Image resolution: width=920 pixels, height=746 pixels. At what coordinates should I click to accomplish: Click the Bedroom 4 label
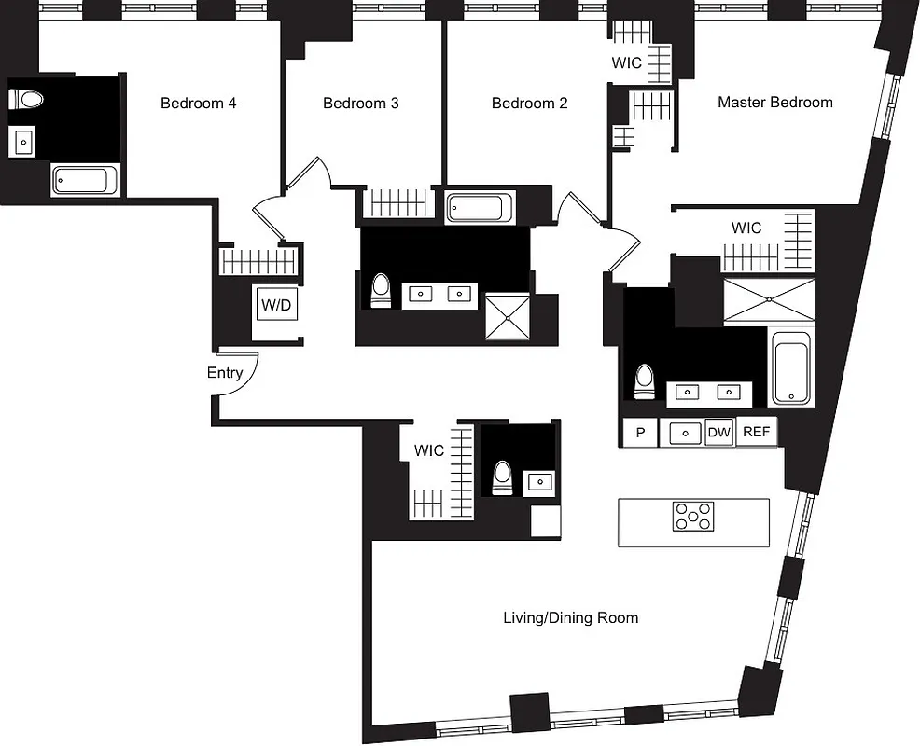pos(198,103)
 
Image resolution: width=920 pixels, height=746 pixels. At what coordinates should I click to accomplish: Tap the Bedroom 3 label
pos(360,103)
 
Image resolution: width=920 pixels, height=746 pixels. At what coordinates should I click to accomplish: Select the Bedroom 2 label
pos(529,103)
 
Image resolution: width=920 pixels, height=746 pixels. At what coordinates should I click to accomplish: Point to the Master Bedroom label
pos(774,102)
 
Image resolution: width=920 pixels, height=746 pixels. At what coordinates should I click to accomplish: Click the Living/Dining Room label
pos(570,617)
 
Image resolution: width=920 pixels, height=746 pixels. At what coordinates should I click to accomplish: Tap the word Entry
pos(225,373)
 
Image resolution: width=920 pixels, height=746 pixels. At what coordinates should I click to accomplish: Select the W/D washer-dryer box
pos(275,304)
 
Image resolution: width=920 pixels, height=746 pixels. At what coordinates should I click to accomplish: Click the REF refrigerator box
pos(756,432)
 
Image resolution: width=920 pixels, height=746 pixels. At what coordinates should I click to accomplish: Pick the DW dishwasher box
pos(718,432)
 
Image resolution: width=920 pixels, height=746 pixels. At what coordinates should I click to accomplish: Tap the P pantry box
pos(640,432)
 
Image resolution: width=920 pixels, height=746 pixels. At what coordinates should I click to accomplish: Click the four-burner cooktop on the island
pos(692,516)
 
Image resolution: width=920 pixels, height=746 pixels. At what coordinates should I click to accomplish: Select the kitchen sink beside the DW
pos(686,433)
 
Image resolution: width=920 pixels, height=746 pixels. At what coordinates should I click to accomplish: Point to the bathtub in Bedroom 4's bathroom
pos(86,179)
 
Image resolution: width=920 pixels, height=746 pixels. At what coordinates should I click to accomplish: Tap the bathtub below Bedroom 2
pos(480,206)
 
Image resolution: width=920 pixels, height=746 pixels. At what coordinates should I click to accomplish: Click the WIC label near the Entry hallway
pos(429,450)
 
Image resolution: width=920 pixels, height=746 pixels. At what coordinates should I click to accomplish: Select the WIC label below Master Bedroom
pos(746,228)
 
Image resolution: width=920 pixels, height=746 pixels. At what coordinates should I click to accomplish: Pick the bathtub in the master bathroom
pos(791,372)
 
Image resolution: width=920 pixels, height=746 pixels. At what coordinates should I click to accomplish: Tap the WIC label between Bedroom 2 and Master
pos(626,63)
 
